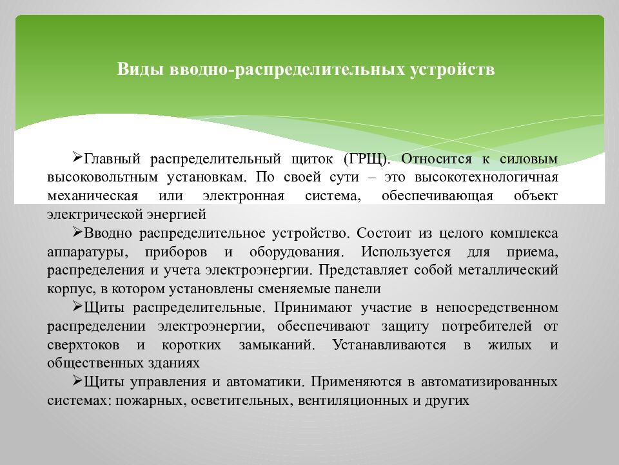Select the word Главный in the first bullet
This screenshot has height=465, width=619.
[x=112, y=158]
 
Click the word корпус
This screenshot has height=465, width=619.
[x=65, y=288]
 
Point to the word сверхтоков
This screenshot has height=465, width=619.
[x=78, y=344]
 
